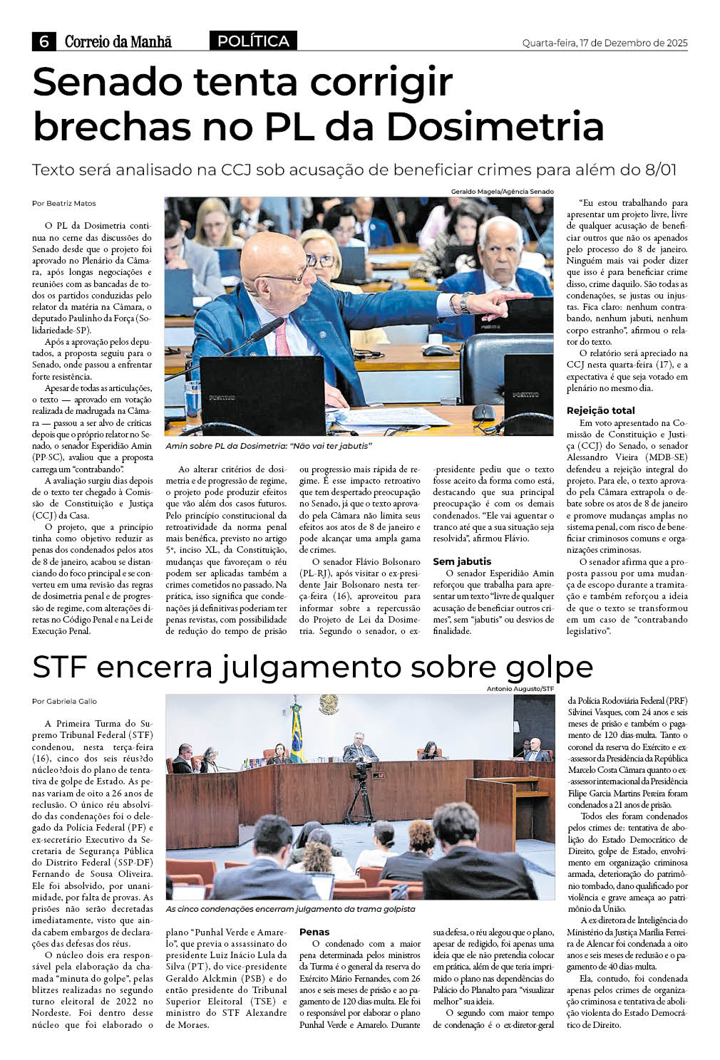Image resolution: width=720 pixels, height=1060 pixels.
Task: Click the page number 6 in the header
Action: (x=44, y=42)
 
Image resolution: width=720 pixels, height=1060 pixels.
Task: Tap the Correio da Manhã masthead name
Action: (x=118, y=42)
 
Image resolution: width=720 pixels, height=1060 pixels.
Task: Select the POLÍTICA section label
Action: (x=253, y=41)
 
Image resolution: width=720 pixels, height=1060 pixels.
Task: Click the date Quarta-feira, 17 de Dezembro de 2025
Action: (x=605, y=43)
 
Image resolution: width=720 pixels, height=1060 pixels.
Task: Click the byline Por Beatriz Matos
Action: (x=64, y=203)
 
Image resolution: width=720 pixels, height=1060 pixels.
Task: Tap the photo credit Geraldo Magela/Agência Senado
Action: (x=502, y=192)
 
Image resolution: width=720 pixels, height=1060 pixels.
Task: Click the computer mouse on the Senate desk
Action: (x=483, y=412)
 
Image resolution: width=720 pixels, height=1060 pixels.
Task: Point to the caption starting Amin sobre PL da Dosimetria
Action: (x=269, y=446)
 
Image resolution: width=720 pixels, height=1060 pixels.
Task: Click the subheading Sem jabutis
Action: (x=462, y=561)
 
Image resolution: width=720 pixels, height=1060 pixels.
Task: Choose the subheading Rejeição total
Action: (x=600, y=410)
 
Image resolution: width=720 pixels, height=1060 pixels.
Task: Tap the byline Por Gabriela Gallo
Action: (x=64, y=701)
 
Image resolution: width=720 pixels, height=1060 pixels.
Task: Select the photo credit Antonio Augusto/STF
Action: (x=520, y=689)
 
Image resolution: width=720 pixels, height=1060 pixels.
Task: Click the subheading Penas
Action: (x=314, y=931)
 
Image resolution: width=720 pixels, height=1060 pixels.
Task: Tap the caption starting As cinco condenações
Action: (x=290, y=909)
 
